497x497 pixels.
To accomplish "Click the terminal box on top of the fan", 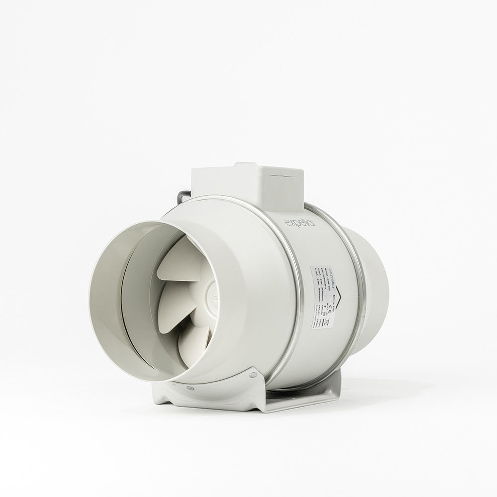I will [x=247, y=186].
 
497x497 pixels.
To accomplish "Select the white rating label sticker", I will [x=322, y=296].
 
